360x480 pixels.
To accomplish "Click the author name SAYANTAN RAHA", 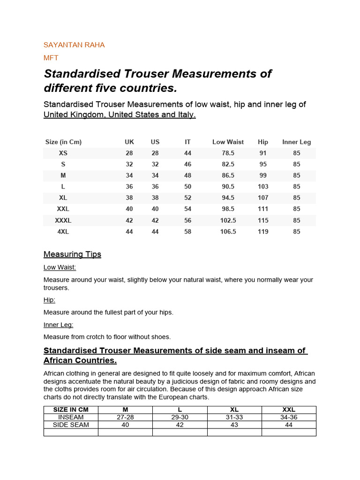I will pos(74,45).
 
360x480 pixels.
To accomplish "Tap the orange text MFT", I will pos(51,58).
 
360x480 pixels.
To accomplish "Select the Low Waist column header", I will pos(228,142).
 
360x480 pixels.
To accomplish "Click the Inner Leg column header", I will pos(296,142).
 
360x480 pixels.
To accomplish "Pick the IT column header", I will pos(187,142).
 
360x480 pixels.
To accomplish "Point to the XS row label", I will pos(63,153).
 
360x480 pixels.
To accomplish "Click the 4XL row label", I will pos(63,232).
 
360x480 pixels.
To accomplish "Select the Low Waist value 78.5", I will pos(228,153).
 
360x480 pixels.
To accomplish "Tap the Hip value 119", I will pos(263,232).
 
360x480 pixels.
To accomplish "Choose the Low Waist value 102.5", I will pos(228,220).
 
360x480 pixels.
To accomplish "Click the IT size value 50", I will pos(187,187).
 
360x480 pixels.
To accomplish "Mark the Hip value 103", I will pos(263,187).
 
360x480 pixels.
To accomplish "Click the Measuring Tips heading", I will pos(72,255).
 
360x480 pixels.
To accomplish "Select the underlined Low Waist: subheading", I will pos(60,267).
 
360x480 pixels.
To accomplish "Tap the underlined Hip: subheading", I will pos(49,300).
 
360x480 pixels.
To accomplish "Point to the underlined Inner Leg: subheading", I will pos(58,324).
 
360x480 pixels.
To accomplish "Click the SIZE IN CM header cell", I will pos(71,410).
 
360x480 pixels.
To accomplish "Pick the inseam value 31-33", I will pos(234,417).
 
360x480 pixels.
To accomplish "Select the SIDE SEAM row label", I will pos(71,425).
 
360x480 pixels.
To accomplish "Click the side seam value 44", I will pos(289,425).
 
